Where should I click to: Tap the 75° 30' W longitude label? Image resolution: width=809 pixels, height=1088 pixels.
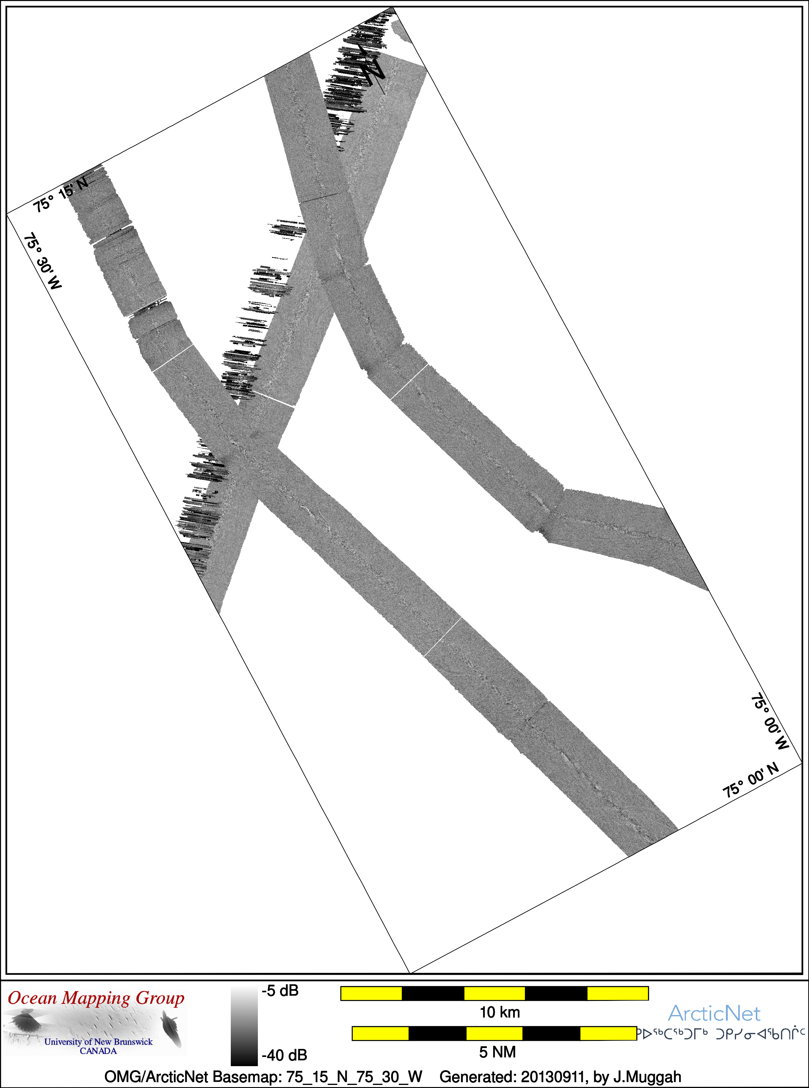pos(43,261)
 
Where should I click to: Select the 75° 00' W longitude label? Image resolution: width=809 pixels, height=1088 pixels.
pos(770,721)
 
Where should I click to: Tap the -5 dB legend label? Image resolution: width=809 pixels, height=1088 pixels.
pos(280,990)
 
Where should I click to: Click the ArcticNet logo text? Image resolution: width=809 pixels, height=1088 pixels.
pos(714,1014)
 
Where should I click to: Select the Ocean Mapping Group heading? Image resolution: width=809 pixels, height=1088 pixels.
pos(96,999)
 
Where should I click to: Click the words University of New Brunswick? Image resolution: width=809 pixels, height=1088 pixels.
pos(98,1042)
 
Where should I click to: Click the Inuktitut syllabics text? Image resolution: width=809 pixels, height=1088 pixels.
pos(721,1034)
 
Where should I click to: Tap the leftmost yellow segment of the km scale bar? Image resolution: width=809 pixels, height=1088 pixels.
pos(371,994)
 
